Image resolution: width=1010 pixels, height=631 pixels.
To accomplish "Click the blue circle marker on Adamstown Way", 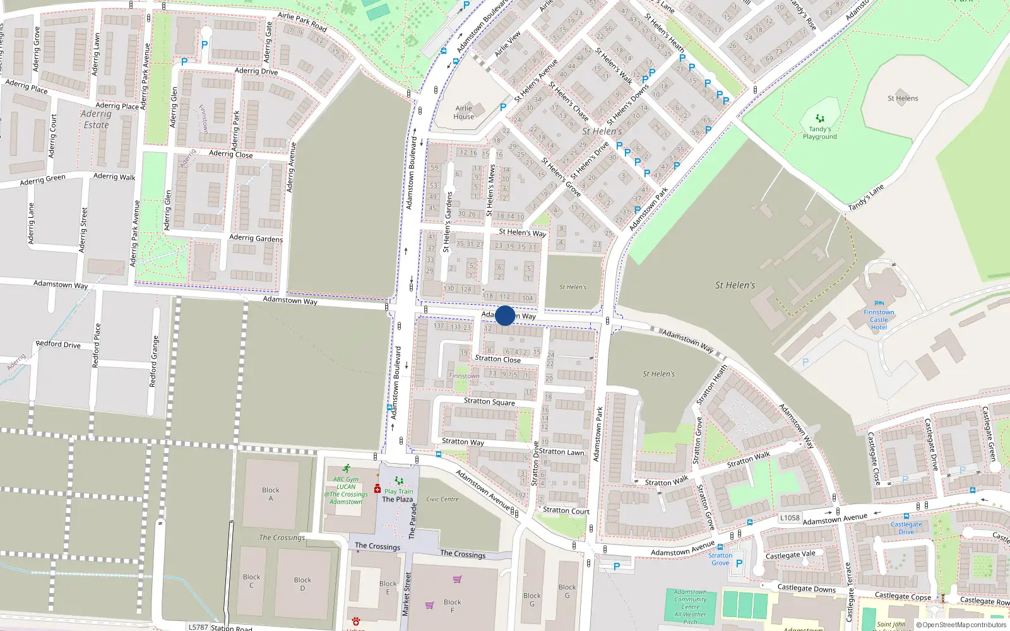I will pyautogui.click(x=505, y=315).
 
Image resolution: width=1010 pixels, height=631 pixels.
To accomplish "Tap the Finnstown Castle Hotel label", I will pyautogui.click(x=879, y=319).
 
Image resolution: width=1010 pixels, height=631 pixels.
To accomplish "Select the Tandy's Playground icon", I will pyautogui.click(x=819, y=118).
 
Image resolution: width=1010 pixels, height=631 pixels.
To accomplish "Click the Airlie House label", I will pyautogui.click(x=463, y=112).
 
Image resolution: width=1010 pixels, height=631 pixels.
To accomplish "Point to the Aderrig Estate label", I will pyautogui.click(x=96, y=119).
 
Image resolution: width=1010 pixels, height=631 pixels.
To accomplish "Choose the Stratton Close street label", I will pyautogui.click(x=497, y=359).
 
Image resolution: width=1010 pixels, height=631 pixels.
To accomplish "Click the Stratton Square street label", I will pyautogui.click(x=489, y=401).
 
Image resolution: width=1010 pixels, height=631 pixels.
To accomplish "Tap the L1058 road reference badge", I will pyautogui.click(x=789, y=517).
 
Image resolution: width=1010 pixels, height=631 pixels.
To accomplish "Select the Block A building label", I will pyautogui.click(x=271, y=494).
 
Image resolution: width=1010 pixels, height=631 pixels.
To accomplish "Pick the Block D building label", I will pyautogui.click(x=302, y=584).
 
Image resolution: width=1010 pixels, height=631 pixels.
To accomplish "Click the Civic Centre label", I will pyautogui.click(x=442, y=499).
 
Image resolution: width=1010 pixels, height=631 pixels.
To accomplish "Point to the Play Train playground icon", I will pyautogui.click(x=398, y=481).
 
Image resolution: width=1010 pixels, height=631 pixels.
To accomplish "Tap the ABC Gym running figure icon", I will pyautogui.click(x=346, y=469).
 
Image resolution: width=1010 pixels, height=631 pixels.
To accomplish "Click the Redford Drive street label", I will pyautogui.click(x=58, y=345).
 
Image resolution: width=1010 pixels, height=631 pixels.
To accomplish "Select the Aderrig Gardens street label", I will pyautogui.click(x=256, y=238).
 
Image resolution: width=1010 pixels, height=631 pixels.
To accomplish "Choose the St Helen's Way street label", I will pyautogui.click(x=522, y=232).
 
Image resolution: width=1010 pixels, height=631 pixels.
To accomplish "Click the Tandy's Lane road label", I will pyautogui.click(x=865, y=198).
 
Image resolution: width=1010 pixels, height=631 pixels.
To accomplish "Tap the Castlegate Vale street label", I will pyautogui.click(x=790, y=555).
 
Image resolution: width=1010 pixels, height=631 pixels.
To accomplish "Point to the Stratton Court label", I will pyautogui.click(x=566, y=510).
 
